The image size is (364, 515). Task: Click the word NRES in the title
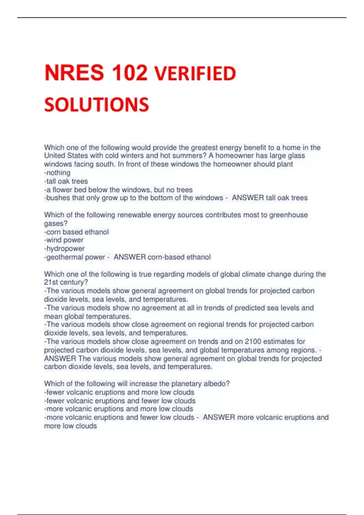74,73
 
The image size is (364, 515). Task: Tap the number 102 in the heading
130,73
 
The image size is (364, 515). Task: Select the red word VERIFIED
195,74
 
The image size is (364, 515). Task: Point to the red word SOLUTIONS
96,105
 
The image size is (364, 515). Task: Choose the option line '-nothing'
57,173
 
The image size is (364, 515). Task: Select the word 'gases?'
56,223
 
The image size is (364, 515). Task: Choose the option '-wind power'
64,240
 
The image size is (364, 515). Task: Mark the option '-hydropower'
64,248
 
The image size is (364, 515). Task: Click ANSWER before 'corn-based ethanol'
130,257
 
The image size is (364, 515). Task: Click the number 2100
253,341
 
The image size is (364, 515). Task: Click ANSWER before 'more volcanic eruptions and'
219,417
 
